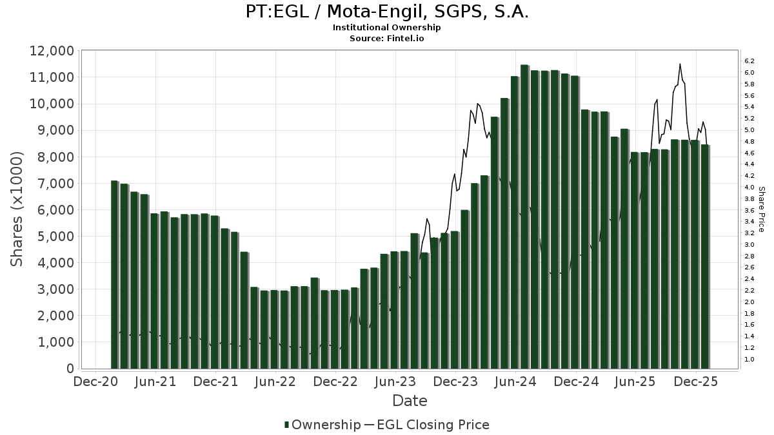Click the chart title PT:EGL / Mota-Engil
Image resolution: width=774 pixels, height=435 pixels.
tap(387, 12)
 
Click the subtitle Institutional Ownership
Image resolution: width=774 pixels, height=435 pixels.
tap(386, 28)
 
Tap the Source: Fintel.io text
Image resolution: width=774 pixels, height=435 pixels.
tap(386, 39)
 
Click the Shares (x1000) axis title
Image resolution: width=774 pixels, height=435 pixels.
tap(17, 209)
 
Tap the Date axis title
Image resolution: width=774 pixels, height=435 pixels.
tap(410, 401)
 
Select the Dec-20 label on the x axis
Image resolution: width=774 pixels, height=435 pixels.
tap(95, 382)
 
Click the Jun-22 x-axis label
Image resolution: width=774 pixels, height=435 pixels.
tap(275, 382)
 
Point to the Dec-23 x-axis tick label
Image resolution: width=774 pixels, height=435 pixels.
tap(455, 382)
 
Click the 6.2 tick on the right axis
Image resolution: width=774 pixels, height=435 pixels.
tap(749, 61)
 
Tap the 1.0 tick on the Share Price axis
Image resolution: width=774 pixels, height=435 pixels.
tap(749, 359)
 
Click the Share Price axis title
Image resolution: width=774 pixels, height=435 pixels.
tap(761, 209)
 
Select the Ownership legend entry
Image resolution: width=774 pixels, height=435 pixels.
tap(322, 425)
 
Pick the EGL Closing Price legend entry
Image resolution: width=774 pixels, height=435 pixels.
tap(427, 425)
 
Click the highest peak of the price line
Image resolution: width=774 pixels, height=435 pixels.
tap(680, 64)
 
